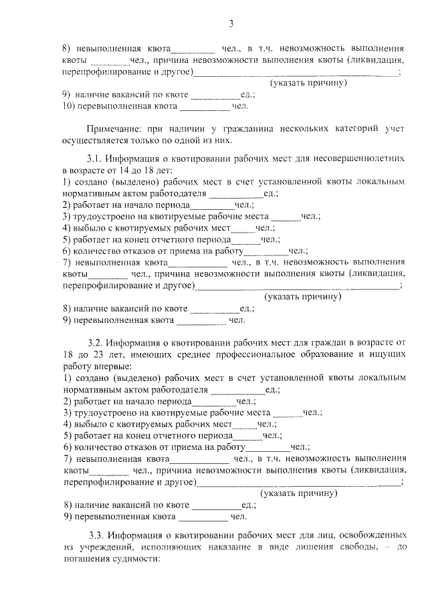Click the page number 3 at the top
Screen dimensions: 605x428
coord(231,24)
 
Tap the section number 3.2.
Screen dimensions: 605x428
coord(96,344)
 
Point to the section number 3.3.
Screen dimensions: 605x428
coord(96,535)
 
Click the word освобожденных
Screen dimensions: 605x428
coord(371,535)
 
